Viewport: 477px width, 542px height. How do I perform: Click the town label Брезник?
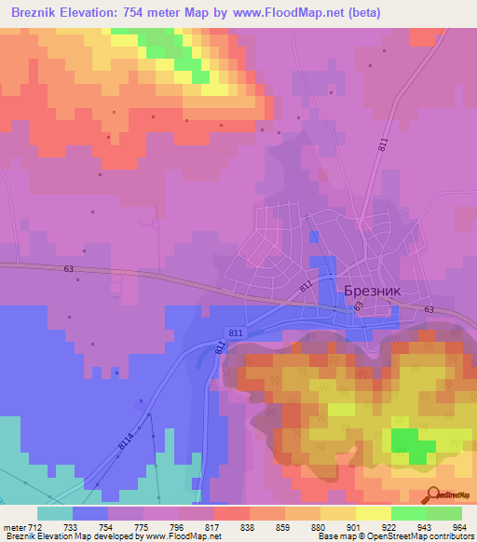pyautogui.click(x=373, y=291)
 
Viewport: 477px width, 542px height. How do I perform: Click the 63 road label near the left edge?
pyautogui.click(x=68, y=269)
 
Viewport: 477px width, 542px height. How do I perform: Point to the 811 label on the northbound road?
pyautogui.click(x=383, y=145)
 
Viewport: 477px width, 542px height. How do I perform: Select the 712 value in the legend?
pyautogui.click(x=36, y=526)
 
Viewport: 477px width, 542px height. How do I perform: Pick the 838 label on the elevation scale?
pyautogui.click(x=249, y=526)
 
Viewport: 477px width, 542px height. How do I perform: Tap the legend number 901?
pyautogui.click(x=354, y=526)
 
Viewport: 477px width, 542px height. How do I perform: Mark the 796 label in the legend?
pyautogui.click(x=178, y=526)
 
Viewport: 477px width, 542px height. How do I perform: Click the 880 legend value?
pyautogui.click(x=319, y=526)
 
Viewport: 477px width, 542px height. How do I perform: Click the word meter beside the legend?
pyautogui.click(x=14, y=526)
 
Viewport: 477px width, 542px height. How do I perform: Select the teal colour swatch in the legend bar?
pyautogui.click(x=54, y=513)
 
